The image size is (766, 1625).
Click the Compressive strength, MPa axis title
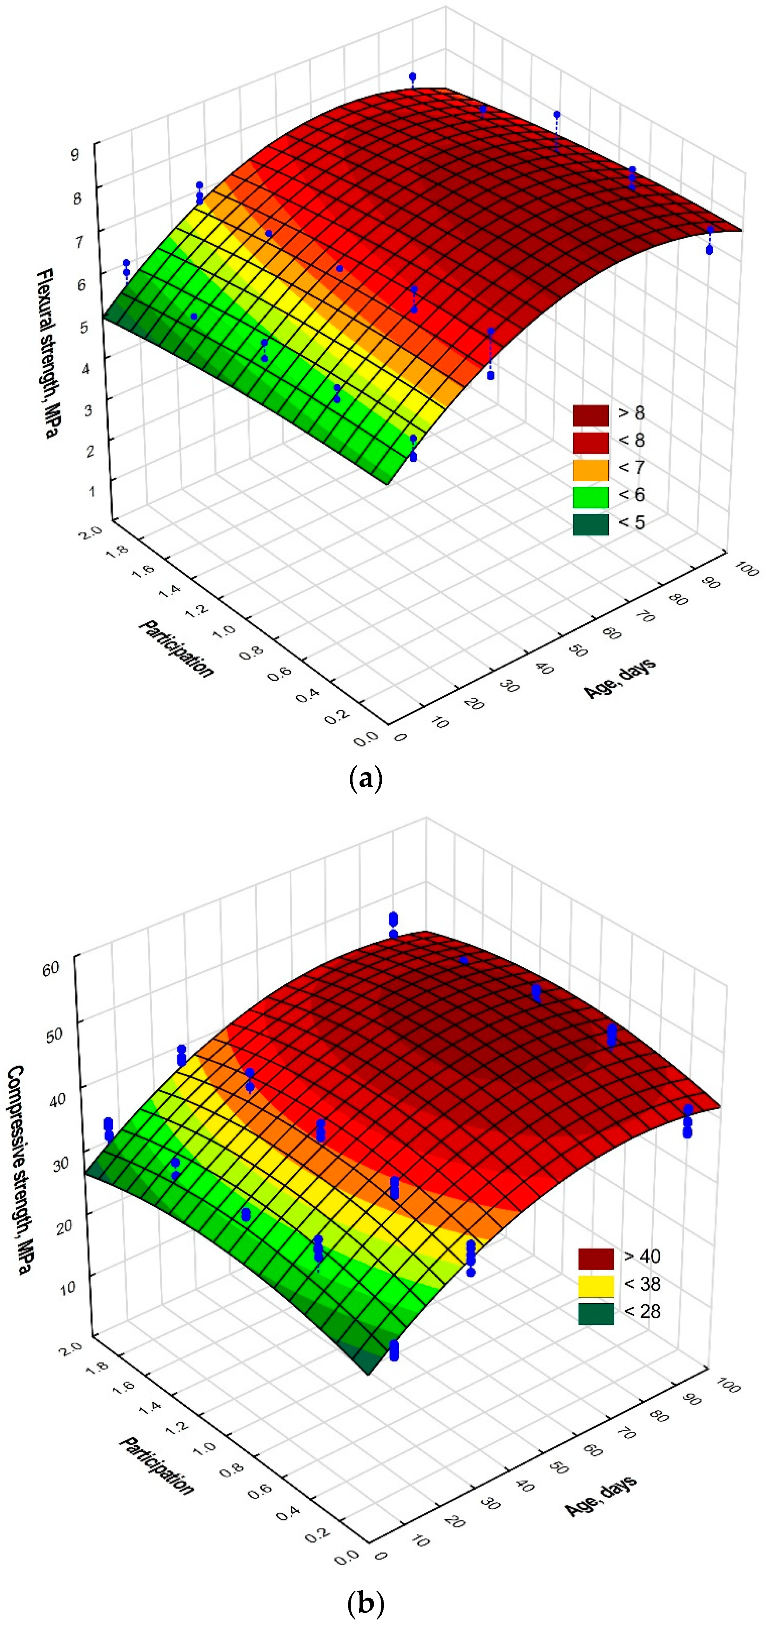pos(20,1170)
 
